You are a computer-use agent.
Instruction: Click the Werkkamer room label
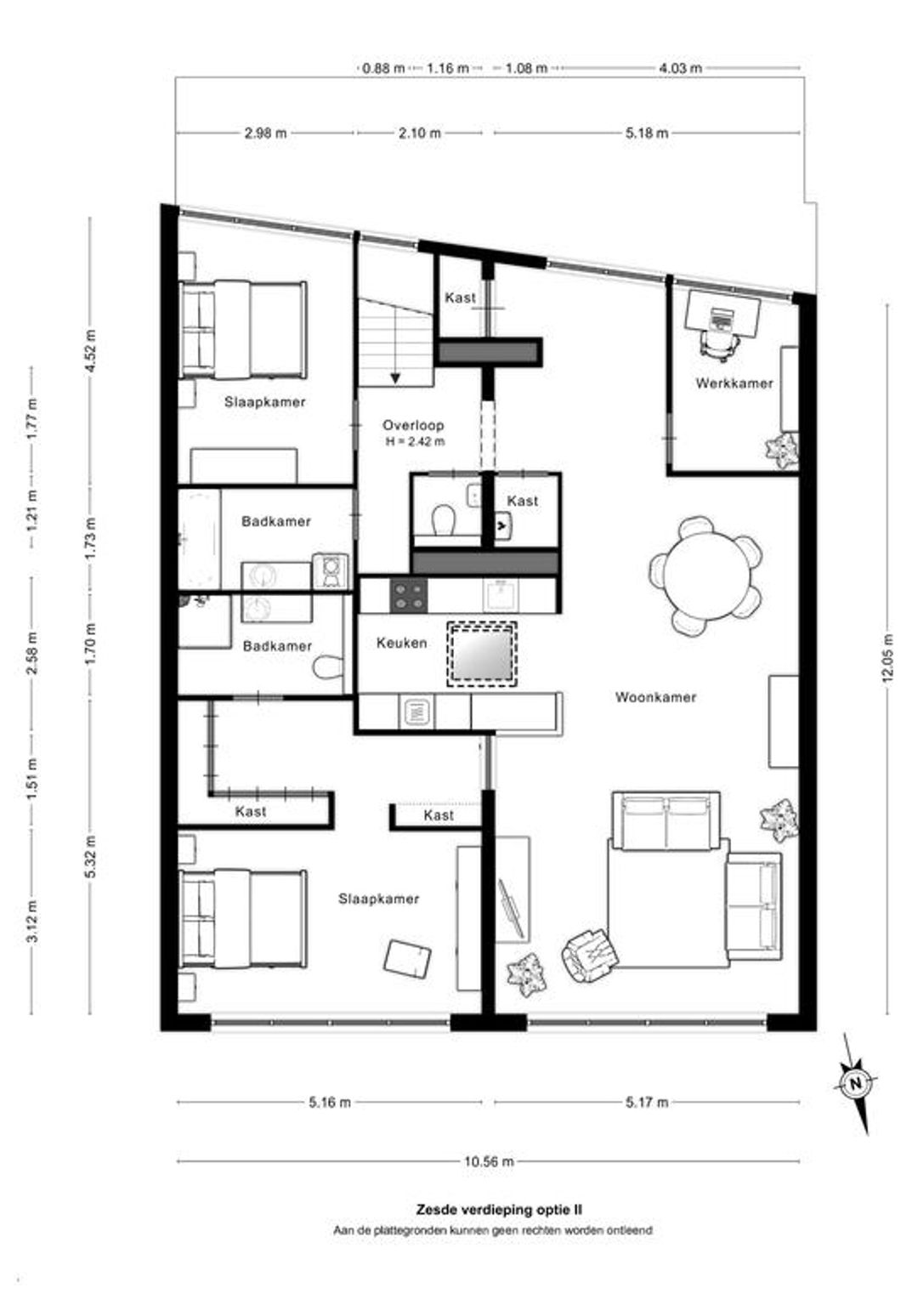[734, 383]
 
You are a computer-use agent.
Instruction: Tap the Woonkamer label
[655, 697]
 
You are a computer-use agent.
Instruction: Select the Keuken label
[402, 643]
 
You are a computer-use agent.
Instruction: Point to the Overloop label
[413, 425]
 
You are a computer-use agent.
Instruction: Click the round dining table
[704, 575]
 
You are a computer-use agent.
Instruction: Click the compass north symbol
[856, 1083]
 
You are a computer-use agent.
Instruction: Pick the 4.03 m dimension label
[680, 68]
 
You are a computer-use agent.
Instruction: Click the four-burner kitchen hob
[409, 596]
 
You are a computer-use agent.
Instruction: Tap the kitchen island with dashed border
[481, 655]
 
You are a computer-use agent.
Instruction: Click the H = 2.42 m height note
[415, 441]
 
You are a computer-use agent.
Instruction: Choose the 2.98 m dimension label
[265, 133]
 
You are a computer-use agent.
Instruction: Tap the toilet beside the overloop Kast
[444, 520]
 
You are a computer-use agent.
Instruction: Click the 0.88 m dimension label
[383, 68]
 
